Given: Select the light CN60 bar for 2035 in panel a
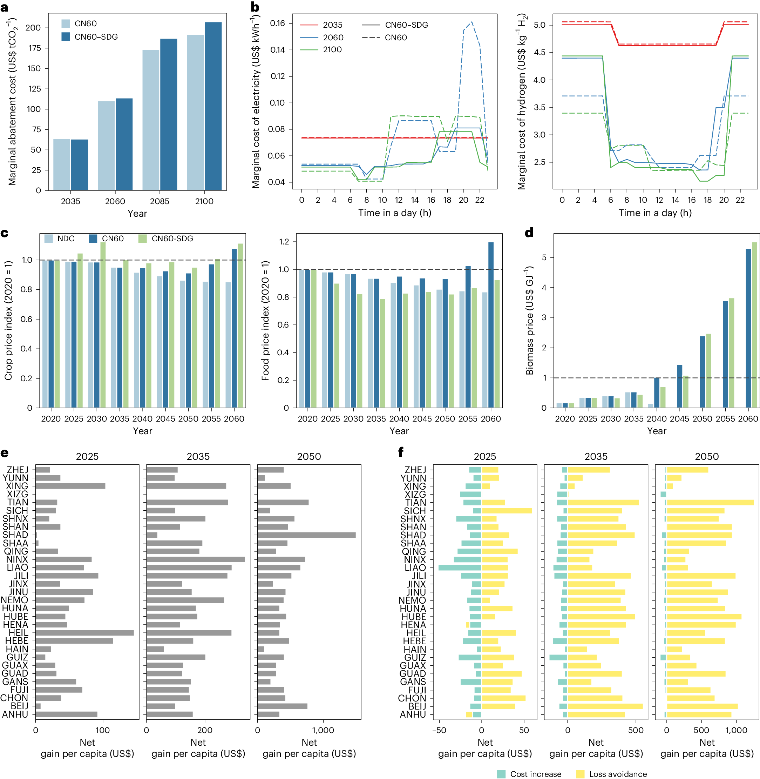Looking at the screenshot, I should tap(62, 164).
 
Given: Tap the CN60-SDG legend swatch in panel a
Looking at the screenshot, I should tap(66, 37).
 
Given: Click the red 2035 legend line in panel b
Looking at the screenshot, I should tap(309, 25).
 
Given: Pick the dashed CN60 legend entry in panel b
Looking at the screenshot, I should tap(371, 38).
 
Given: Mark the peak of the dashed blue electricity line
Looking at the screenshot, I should tap(472, 22).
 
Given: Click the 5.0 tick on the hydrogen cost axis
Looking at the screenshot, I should tap(539, 25).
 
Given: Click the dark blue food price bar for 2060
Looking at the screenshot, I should tap(490, 325).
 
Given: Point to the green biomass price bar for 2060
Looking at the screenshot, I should tap(754, 325).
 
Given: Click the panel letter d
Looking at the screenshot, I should tap(529, 233).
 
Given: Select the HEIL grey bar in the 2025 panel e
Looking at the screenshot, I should tap(84, 633).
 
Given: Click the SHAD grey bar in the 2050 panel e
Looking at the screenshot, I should tap(306, 535).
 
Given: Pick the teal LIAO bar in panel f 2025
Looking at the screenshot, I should tap(460, 568).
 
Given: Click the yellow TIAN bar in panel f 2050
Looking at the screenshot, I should tap(710, 503).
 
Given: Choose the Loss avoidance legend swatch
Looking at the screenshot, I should tap(581, 774).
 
